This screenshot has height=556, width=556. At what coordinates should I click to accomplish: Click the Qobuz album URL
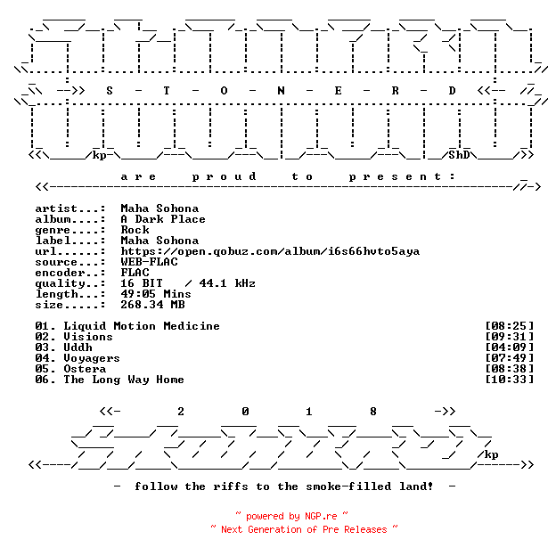click(270, 251)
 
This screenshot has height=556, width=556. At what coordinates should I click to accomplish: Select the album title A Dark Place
click(163, 219)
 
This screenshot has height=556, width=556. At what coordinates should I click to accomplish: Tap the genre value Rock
click(135, 230)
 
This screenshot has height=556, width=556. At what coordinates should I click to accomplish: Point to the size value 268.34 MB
click(152, 305)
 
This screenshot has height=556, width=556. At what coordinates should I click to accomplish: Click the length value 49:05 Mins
click(156, 294)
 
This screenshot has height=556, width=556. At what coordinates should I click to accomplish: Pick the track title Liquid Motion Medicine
click(142, 326)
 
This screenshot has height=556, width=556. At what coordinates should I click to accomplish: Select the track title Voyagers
click(92, 358)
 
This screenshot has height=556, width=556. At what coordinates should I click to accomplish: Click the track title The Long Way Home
click(124, 380)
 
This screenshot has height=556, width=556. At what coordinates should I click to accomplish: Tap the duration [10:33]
click(509, 380)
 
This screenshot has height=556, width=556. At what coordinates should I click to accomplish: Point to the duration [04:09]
click(509, 347)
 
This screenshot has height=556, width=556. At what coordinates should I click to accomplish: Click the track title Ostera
click(85, 369)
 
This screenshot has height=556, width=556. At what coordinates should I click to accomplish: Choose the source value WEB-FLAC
click(149, 262)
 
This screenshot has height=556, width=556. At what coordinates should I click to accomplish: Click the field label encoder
click(60, 273)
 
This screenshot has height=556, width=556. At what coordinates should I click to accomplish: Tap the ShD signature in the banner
click(459, 155)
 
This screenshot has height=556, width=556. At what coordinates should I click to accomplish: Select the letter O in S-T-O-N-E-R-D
click(224, 91)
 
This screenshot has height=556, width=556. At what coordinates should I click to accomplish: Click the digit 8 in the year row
click(373, 412)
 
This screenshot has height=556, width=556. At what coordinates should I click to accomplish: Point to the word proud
click(224, 176)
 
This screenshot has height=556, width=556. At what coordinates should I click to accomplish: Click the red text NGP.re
click(321, 516)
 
